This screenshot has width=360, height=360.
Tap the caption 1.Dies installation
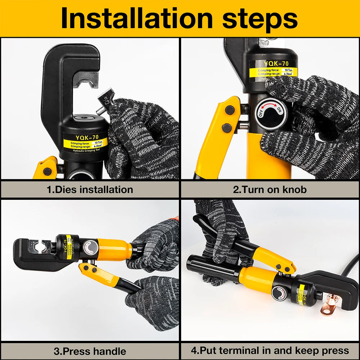tap(90, 189)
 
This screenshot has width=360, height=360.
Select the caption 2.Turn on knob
tap(270, 189)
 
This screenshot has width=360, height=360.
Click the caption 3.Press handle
tap(90, 351)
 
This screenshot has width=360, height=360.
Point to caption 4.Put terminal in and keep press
tap(270, 351)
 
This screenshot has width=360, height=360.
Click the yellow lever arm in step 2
tap(216, 137)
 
